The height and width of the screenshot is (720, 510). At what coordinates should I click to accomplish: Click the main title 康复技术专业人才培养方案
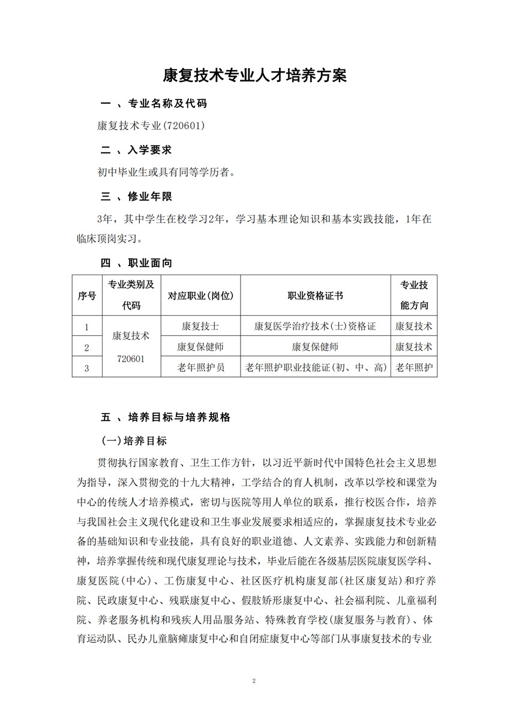[255, 76]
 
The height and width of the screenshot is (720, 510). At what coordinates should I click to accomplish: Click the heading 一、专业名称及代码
[153, 104]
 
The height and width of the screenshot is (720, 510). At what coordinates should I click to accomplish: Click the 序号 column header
[87, 296]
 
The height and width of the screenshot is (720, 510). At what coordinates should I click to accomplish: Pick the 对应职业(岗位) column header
[200, 296]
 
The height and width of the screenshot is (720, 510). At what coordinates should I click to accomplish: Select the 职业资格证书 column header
[315, 296]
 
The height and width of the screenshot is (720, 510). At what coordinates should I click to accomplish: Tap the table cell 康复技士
[200, 326]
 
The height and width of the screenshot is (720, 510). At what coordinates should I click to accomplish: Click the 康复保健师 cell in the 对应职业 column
[200, 347]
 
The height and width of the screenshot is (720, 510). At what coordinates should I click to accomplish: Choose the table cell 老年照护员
[200, 367]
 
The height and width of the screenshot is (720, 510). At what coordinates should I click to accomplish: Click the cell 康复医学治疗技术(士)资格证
[315, 326]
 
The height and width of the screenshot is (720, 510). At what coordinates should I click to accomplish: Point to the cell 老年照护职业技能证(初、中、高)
[315, 367]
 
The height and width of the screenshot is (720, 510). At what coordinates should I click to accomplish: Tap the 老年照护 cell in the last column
[414, 367]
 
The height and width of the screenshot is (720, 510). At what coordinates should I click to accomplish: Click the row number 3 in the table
[87, 367]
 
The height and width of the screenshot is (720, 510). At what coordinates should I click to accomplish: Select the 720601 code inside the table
[131, 358]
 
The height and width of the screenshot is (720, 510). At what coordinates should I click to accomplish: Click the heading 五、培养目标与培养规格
[165, 417]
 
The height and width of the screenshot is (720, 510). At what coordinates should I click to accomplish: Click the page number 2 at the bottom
[255, 682]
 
